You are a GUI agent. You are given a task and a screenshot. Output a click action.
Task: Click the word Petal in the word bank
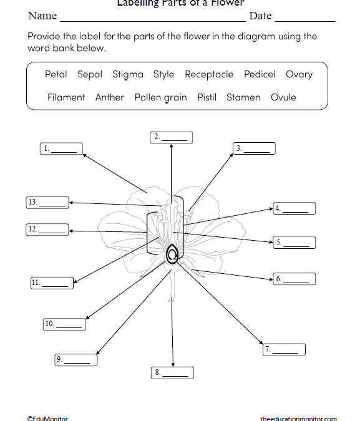coord(56,74)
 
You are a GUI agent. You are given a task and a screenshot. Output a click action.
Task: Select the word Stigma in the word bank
coord(127,74)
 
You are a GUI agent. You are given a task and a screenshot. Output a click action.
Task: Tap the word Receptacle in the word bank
coord(209,74)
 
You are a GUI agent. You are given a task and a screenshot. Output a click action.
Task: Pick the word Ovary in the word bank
coord(299,74)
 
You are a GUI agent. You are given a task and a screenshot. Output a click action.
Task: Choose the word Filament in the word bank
coord(66,97)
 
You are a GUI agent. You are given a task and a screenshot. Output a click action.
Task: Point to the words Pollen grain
coord(160,97)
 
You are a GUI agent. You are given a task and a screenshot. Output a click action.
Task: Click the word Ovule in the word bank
coord(283,97)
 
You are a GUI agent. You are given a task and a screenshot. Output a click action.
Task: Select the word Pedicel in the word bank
coord(260,74)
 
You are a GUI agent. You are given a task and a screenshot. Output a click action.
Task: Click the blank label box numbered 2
coord(172,137)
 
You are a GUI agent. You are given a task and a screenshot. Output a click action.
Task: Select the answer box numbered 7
coord(284,350)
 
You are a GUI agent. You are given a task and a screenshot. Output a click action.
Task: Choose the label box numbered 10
coord(64,324)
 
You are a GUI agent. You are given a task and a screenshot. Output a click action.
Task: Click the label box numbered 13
coord(47,202)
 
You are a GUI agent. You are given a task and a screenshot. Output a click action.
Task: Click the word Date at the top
coord(260,16)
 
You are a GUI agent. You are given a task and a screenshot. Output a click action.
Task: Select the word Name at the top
coord(42,16)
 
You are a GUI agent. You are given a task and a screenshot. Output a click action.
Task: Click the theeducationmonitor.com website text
coord(298,419)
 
